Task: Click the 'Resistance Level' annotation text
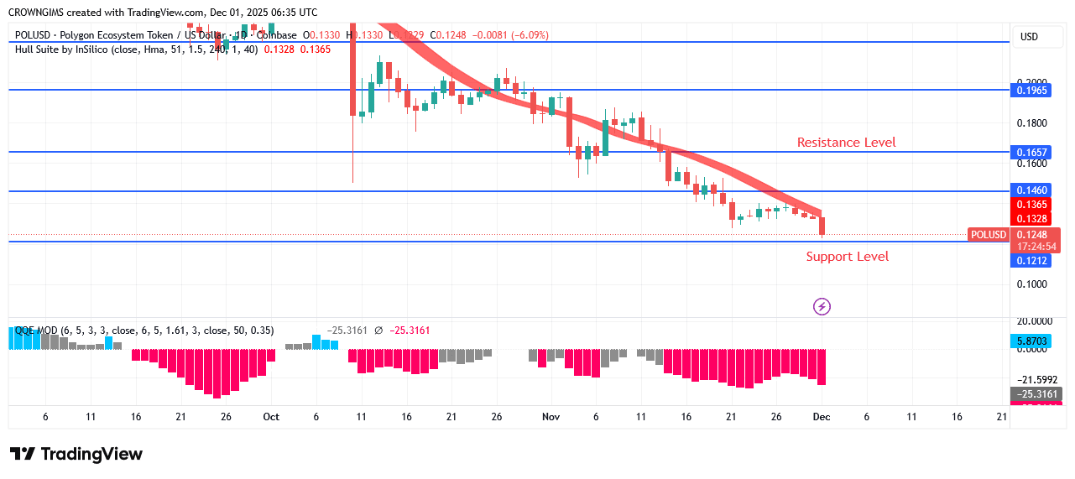846,143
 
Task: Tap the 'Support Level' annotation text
847,257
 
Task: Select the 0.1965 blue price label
1031,90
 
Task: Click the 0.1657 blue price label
1031,153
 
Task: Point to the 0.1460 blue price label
1031,191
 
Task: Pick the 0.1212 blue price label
1031,261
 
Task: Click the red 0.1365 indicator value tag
1031,205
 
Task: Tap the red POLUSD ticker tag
988,235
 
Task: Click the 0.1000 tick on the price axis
1031,284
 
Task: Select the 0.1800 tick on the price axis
1031,123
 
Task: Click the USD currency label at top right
1029,37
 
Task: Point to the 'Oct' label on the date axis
270,417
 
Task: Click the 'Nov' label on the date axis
551,417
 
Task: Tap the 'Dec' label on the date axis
822,417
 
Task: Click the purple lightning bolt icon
822,307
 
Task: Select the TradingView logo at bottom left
76,454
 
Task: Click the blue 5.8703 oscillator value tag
1031,341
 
